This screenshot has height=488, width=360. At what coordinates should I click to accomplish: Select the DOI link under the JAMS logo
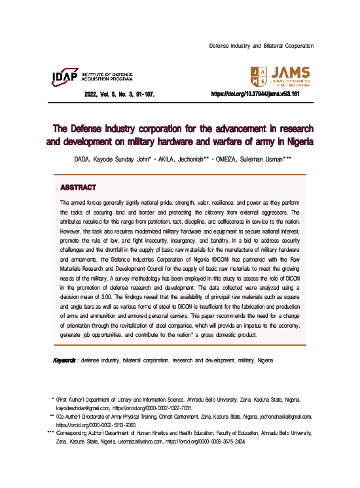(x=255, y=94)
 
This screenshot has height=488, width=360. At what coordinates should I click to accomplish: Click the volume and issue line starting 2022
(x=119, y=94)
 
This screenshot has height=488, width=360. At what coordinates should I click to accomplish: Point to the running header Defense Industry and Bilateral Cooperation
(x=261, y=46)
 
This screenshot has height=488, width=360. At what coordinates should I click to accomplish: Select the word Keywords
(x=64, y=360)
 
